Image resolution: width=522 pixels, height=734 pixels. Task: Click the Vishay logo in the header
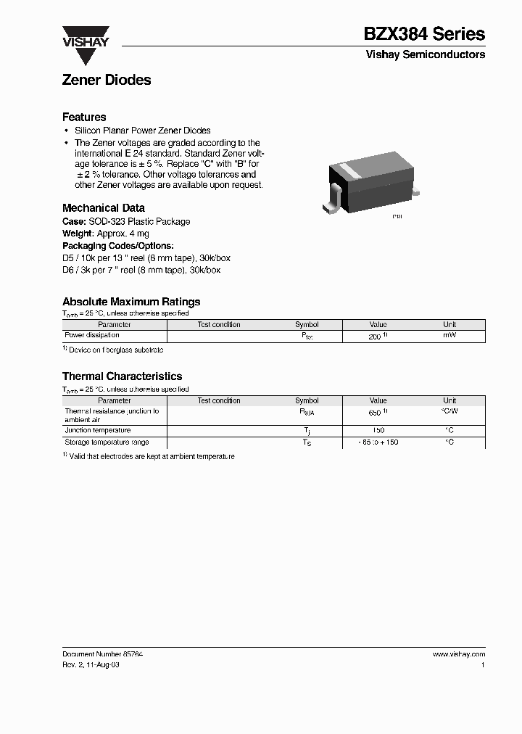(85, 37)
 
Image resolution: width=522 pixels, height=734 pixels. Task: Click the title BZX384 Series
(424, 33)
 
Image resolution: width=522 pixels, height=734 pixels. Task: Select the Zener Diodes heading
(107, 81)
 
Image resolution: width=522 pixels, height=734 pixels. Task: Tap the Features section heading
(84, 117)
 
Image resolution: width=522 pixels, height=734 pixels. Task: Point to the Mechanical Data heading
(103, 207)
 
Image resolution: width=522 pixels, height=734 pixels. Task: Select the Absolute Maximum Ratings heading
(131, 302)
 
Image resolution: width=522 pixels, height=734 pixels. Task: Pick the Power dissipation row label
(92, 336)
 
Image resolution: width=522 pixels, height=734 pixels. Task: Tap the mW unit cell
(449, 336)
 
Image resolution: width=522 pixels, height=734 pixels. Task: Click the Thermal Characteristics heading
(122, 376)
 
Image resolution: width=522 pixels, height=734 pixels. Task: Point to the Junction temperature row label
(98, 430)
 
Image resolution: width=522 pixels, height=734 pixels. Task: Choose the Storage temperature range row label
(107, 442)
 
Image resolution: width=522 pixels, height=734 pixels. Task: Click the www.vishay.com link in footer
(458, 654)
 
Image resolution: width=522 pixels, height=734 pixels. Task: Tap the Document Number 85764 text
(102, 654)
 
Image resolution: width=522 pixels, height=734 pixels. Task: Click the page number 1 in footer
(483, 664)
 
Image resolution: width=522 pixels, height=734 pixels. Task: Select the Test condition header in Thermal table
(219, 400)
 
